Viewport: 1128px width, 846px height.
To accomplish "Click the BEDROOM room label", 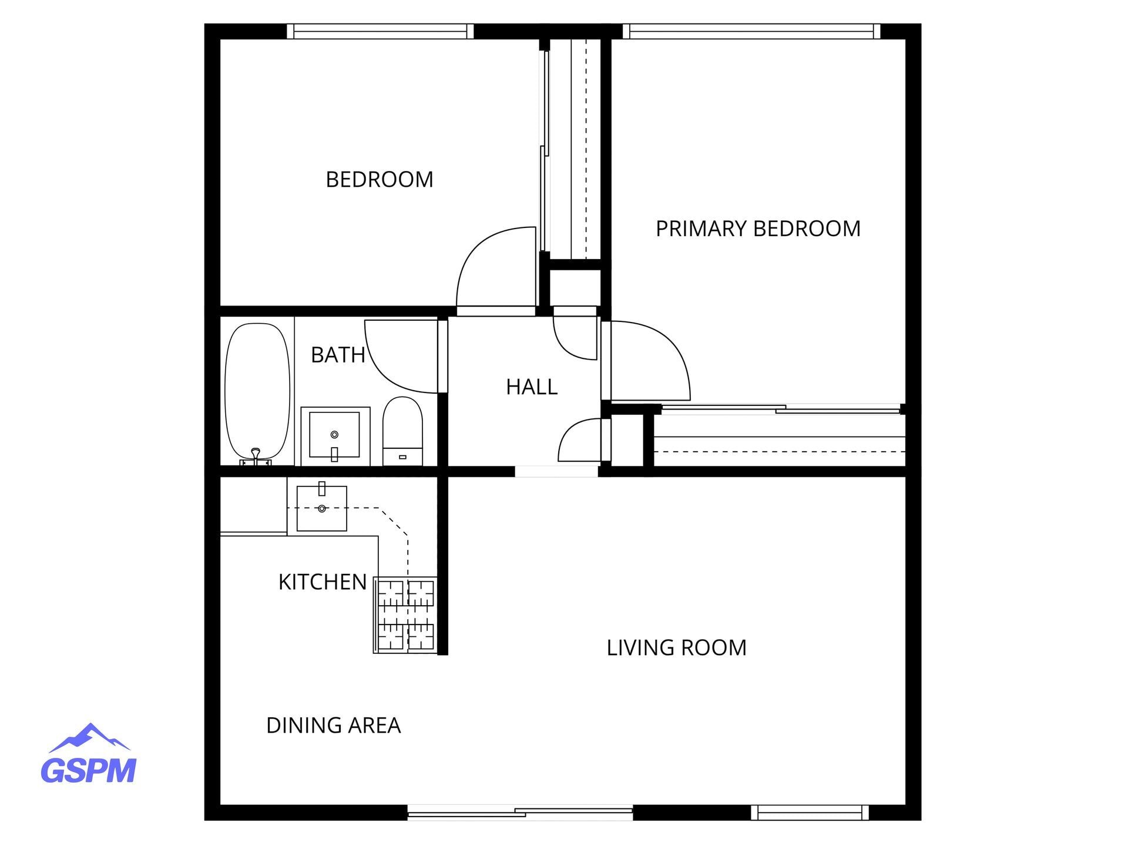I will click(x=380, y=180).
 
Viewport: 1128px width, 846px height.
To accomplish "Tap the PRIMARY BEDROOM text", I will click(x=758, y=229).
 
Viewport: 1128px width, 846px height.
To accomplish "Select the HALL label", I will click(x=532, y=387).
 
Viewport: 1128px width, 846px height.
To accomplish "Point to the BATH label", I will click(x=338, y=355).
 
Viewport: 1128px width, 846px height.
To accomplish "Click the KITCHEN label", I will click(x=323, y=582).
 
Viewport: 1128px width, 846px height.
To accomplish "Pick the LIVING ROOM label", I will click(x=676, y=648).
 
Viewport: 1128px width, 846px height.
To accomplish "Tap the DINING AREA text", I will click(x=333, y=726).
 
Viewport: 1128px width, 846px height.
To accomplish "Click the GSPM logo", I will click(x=89, y=755).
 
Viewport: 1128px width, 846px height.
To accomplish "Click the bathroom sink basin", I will click(x=334, y=435).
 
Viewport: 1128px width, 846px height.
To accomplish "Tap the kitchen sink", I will click(x=321, y=508).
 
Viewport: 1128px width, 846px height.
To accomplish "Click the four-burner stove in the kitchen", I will click(x=405, y=615).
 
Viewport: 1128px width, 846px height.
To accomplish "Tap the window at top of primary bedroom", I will click(x=751, y=31).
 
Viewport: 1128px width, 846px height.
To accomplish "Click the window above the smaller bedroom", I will click(x=380, y=31).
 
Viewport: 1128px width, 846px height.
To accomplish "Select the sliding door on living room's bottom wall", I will click(x=520, y=813).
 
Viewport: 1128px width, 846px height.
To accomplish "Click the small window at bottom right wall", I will click(x=810, y=813).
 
